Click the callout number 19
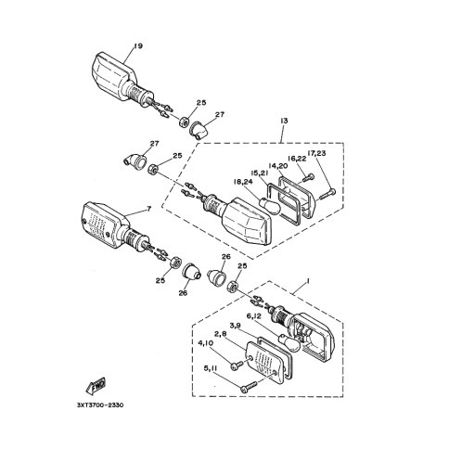[x=138, y=46]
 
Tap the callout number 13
[x=284, y=121]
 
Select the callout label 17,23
[x=316, y=153]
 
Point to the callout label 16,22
[x=297, y=160]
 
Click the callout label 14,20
[x=277, y=166]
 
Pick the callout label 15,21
[x=259, y=173]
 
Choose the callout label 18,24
[x=243, y=182]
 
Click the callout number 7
[x=148, y=209]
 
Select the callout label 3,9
[x=236, y=326]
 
